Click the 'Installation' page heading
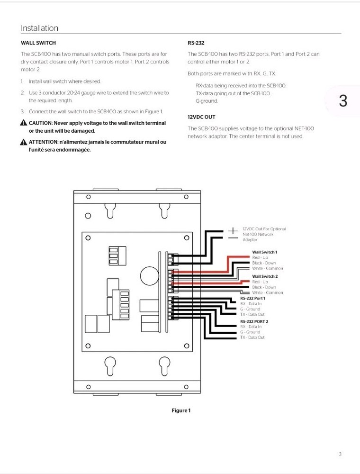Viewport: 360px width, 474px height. [39, 28]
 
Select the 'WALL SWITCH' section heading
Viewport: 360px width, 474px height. [38, 43]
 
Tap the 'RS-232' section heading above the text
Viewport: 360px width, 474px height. [196, 43]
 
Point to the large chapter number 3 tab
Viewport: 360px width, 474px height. [343, 101]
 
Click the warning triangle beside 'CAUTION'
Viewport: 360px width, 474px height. [24, 123]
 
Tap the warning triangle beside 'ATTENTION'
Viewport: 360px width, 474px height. [24, 142]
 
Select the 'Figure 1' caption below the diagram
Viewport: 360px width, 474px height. [180, 410]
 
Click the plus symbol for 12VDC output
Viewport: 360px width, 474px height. [233, 230]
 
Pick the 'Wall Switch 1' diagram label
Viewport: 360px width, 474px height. [264, 252]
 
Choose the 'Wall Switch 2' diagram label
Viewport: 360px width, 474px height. [264, 276]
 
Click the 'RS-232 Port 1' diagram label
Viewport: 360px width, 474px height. [252, 298]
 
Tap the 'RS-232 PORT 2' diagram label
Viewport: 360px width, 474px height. [254, 321]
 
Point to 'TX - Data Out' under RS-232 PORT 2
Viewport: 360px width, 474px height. [252, 337]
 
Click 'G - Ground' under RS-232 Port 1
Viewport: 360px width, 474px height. [250, 309]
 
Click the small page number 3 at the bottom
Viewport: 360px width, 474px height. [340, 455]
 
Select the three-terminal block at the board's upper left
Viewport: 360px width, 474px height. [113, 255]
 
